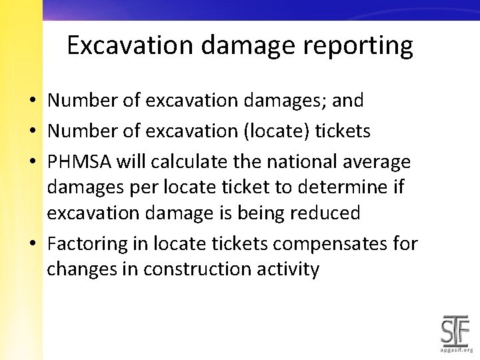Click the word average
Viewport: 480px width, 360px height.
click(377, 162)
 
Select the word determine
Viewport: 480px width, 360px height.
click(345, 187)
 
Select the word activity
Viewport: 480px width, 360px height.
click(290, 269)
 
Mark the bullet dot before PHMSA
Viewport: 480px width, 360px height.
click(32, 163)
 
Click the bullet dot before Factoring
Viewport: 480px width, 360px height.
click(32, 245)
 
